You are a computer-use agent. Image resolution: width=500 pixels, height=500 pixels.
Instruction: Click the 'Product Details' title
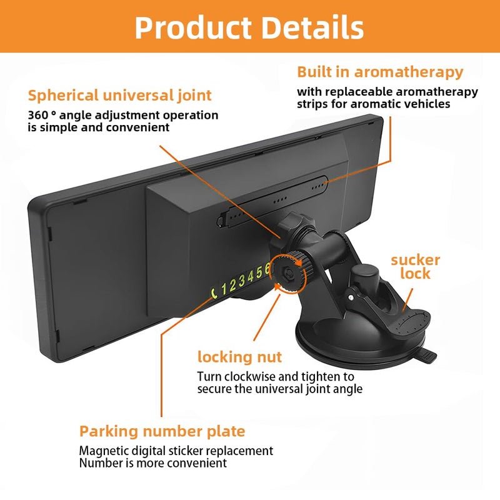coord(249,27)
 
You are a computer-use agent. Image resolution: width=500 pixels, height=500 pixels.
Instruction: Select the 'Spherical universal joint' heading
coord(119,96)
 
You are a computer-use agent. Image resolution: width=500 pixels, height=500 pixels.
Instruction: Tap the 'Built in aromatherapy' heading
coord(380,72)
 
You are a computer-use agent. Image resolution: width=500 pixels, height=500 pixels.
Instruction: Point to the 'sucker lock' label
coord(415,267)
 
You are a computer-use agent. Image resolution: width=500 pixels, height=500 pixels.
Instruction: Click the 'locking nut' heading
coord(239,357)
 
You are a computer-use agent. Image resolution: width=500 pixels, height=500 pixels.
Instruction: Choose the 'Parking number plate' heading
coord(162,431)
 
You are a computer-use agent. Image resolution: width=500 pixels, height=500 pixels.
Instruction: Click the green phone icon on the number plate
coord(214,292)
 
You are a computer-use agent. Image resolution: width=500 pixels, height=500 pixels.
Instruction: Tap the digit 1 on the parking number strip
coord(224,289)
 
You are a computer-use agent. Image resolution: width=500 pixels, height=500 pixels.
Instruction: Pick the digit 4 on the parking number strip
coord(251,276)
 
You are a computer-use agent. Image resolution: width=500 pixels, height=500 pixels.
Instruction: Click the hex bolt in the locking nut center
coord(287,272)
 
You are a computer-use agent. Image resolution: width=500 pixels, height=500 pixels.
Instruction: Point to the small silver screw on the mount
coord(351,297)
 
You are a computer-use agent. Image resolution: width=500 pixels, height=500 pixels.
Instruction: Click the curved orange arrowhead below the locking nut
coord(278,287)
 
